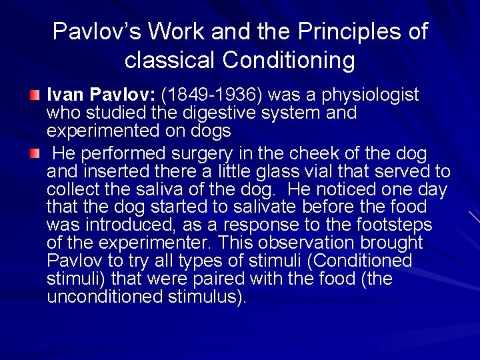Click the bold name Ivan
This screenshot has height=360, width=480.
[63, 95]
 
